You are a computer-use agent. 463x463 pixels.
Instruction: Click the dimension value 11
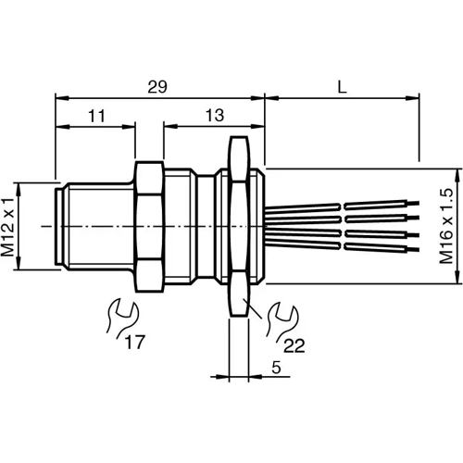[95, 116]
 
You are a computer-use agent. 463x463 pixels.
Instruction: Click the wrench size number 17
[136, 343]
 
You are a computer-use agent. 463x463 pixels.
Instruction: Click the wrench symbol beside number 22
[276, 319]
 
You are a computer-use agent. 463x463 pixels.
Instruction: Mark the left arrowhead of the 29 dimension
[61, 95]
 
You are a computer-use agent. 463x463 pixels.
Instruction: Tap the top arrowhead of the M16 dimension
[458, 171]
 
